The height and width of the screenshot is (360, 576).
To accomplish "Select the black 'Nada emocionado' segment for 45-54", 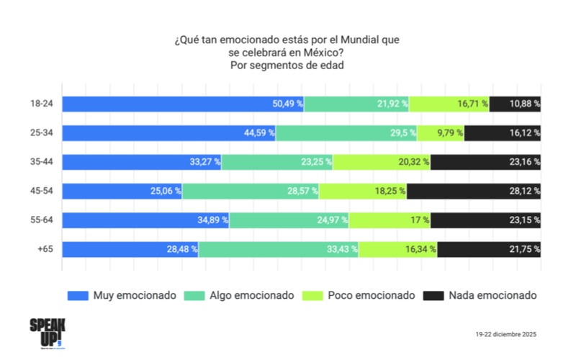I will pos(474,192).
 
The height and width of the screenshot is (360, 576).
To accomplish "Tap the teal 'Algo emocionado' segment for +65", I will pos(279,249).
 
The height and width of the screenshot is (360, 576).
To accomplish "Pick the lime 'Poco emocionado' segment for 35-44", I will pos(382,162).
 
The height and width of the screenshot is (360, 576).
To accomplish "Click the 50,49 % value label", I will pos(288,104).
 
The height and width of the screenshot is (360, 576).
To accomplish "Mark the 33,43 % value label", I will pos(342,249).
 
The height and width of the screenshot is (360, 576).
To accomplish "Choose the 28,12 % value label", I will pos(524,192).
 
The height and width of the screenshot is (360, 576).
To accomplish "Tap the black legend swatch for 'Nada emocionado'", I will pos(433,296).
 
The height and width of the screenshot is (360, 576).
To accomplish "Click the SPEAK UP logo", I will pos(46,331).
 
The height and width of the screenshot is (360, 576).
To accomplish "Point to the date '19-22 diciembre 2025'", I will pos(505,335).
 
